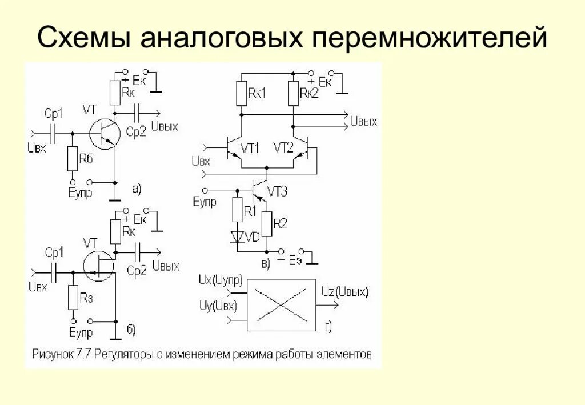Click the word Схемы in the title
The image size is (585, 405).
click(x=85, y=39)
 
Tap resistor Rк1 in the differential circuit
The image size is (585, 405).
click(x=242, y=94)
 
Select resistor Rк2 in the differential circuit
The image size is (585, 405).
click(x=293, y=94)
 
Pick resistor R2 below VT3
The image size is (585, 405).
click(x=266, y=223)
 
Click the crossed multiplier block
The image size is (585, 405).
click(x=281, y=305)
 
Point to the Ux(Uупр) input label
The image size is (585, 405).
click(x=220, y=280)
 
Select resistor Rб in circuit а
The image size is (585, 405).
click(x=72, y=159)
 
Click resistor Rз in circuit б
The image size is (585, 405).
click(x=73, y=298)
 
